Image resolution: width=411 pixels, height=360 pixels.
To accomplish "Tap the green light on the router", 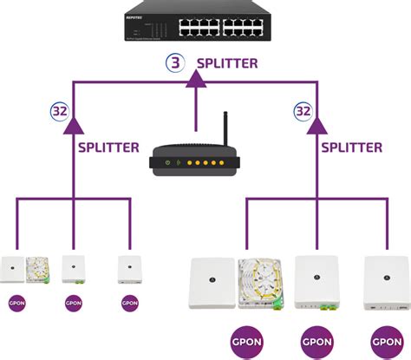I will click(x=178, y=161).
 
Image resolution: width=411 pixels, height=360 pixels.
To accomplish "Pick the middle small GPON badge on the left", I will click(x=75, y=303).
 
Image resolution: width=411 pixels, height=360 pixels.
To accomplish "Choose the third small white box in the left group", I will click(x=130, y=269).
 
